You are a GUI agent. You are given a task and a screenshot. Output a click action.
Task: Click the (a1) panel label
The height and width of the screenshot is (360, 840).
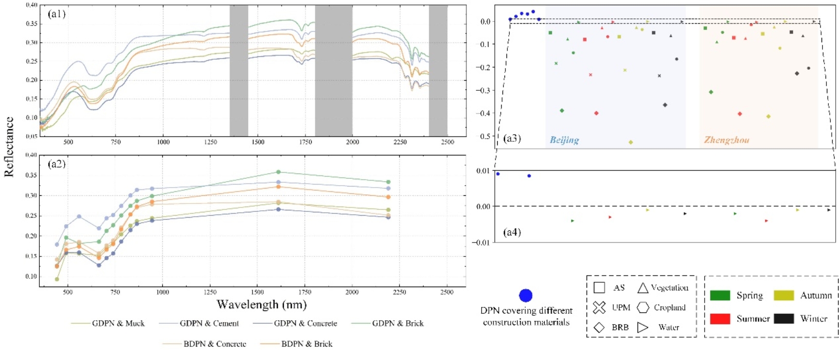(x=56, y=14)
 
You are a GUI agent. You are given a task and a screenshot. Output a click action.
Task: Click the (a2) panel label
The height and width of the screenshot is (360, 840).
(x=56, y=164)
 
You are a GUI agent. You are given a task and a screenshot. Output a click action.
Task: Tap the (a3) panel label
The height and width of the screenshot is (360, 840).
(x=512, y=138)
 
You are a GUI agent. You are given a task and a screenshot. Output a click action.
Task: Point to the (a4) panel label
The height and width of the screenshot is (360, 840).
(x=512, y=232)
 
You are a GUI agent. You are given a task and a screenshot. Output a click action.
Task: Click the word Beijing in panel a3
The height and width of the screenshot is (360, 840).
(x=564, y=140)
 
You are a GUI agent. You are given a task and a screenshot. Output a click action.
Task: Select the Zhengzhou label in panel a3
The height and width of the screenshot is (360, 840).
(x=726, y=140)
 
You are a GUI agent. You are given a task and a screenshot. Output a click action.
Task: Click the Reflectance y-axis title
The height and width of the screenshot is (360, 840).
(x=9, y=146)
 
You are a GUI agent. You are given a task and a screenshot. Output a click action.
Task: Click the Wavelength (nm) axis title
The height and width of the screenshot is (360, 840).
(x=261, y=305)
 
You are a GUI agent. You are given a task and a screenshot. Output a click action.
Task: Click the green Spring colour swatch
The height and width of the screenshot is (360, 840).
(x=720, y=295)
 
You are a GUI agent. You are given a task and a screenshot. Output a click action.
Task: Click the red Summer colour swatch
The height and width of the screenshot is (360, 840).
(x=720, y=319)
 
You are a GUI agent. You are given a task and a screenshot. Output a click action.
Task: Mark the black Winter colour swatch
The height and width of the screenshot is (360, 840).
(x=784, y=319)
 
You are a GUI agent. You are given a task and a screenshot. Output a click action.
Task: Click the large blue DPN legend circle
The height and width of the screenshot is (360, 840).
(x=526, y=295)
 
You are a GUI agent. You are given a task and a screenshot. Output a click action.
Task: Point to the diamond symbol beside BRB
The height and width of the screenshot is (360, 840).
(x=599, y=327)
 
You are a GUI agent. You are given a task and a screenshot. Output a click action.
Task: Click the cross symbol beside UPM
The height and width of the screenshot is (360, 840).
(x=599, y=308)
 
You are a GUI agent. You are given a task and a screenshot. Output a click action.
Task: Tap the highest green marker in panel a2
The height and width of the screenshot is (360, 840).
(x=278, y=172)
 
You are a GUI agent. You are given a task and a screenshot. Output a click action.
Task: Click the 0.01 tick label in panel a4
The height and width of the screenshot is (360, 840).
(x=483, y=171)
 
